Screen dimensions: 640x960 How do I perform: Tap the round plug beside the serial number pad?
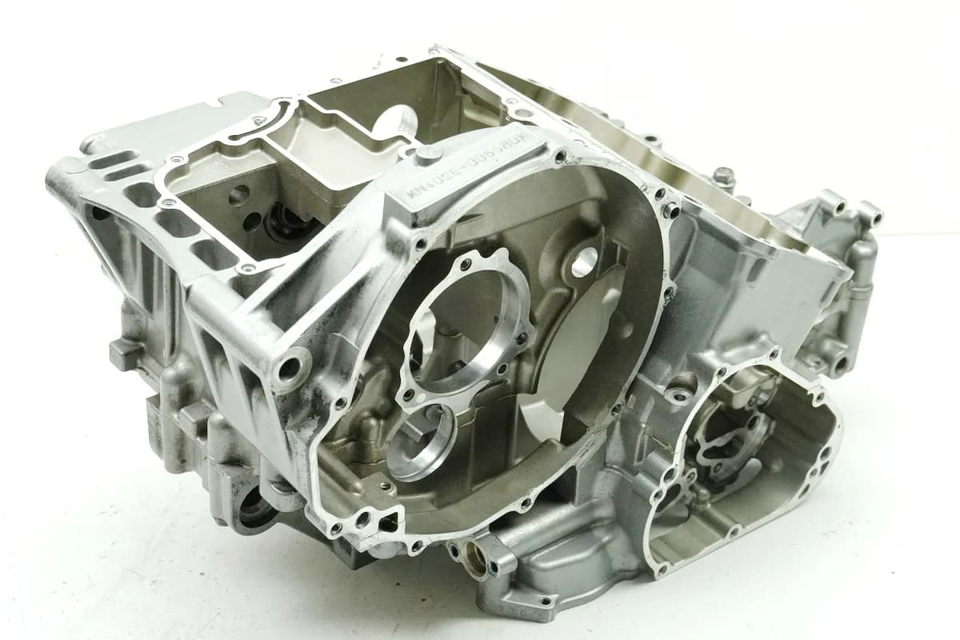(429, 154)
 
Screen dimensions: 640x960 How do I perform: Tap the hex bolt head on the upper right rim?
(725, 175)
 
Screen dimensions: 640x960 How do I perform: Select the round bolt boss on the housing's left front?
(289, 369)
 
